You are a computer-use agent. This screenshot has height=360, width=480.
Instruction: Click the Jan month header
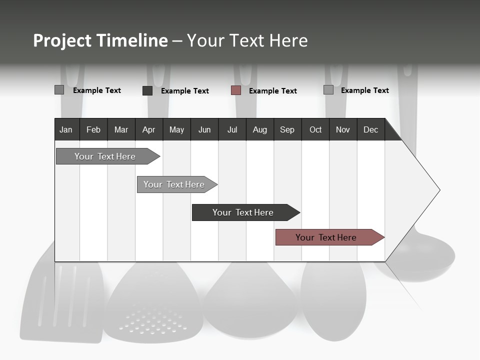[66, 129]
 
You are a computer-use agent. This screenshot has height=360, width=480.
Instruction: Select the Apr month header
[148, 129]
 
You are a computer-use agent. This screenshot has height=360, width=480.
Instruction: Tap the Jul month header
[232, 129]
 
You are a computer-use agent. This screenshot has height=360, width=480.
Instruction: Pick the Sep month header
[287, 129]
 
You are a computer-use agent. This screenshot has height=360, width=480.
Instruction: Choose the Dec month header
[370, 129]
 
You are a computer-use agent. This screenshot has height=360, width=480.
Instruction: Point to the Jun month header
[204, 129]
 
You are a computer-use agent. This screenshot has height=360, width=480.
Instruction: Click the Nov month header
[342, 129]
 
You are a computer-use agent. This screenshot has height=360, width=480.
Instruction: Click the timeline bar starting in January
[105, 156]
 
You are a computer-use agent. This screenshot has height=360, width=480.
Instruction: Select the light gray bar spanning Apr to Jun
[174, 184]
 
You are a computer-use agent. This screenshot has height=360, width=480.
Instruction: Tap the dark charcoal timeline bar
[243, 212]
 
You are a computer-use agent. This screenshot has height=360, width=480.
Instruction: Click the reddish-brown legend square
[236, 90]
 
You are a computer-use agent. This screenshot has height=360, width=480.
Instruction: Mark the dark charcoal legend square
[147, 90]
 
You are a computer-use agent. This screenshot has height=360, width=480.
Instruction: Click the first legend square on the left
[59, 90]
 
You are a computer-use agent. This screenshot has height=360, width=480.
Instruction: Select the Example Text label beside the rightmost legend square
[364, 90]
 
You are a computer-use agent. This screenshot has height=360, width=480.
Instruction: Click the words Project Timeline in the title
[100, 40]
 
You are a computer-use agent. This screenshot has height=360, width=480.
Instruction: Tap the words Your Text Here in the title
[247, 40]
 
